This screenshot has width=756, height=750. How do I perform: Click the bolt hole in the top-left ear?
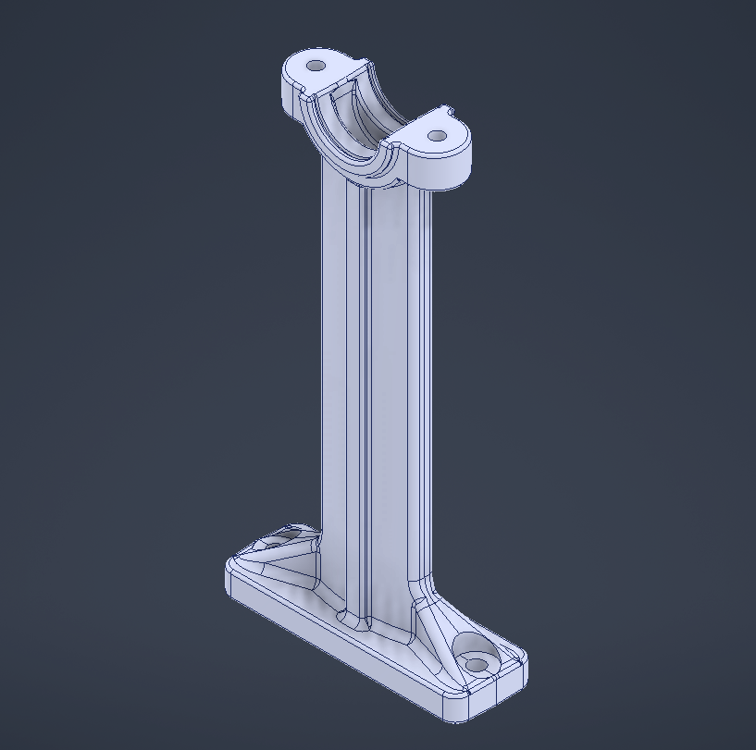pyautogui.click(x=316, y=67)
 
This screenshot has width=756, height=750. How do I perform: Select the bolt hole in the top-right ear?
pyautogui.click(x=437, y=136)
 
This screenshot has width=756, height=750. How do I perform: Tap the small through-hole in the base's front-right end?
pyautogui.click(x=477, y=665)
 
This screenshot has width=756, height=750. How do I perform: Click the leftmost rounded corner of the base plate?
pyautogui.click(x=229, y=578)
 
